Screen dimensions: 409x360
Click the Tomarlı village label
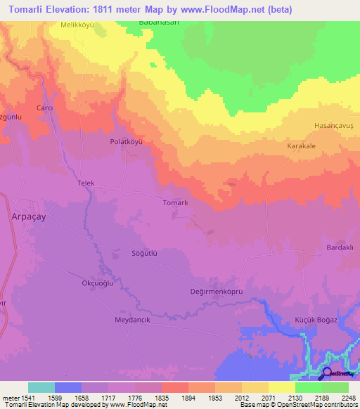click(175, 202)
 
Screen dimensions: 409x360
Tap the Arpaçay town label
click(29, 217)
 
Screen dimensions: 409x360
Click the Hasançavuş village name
click(331, 125)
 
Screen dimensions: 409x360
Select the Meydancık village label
click(133, 320)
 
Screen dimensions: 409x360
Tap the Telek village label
click(85, 183)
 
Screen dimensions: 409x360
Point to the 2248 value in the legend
click(349, 397)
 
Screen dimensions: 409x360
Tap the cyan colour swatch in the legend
click(41, 387)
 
